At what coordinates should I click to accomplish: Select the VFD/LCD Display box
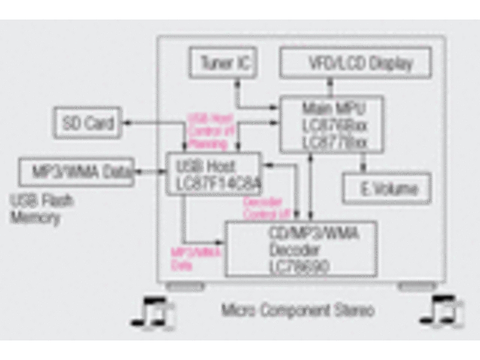tap(357, 64)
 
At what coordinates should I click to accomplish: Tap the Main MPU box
tap(331, 123)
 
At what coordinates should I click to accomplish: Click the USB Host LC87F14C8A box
tap(213, 173)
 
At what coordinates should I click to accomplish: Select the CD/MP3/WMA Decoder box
tap(300, 248)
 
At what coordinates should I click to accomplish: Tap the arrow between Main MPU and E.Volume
tap(364, 163)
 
